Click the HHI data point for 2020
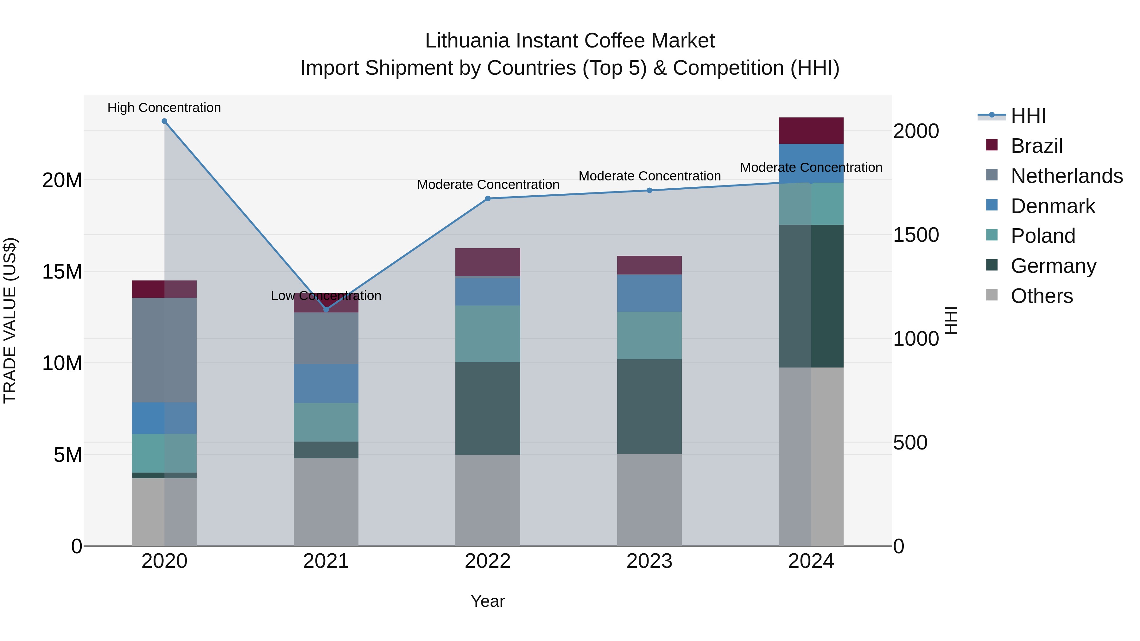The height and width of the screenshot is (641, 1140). tap(164, 121)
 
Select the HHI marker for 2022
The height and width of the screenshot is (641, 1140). tap(488, 198)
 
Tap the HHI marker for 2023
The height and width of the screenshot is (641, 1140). tap(649, 191)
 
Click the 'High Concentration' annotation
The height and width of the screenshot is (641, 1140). tap(164, 108)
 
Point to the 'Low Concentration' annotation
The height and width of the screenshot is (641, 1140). tap(326, 296)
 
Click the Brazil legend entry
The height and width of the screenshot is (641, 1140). tap(1036, 146)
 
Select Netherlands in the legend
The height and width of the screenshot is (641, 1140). tap(1067, 176)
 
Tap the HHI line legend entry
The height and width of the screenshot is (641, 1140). tap(1028, 116)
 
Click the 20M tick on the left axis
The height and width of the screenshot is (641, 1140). tap(62, 180)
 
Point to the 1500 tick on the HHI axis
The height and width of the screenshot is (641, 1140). tap(915, 235)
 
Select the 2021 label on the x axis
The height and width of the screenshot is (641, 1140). tap(326, 561)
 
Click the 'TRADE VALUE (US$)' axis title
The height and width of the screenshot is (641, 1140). tap(10, 320)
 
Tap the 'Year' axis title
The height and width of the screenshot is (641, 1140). tap(488, 601)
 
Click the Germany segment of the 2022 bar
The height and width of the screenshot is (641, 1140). tap(488, 408)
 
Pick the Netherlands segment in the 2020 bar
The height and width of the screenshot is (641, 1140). tap(164, 350)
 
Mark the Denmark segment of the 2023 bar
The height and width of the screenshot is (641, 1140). tap(649, 293)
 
